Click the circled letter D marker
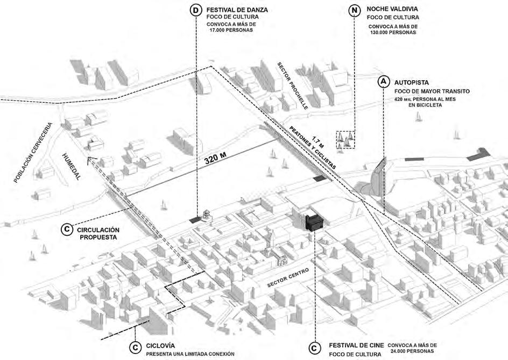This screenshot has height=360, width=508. pyautogui.click(x=197, y=10)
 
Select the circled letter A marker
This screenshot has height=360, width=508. pyautogui.click(x=383, y=82)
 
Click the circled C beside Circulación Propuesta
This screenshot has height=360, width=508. pyautogui.click(x=66, y=230)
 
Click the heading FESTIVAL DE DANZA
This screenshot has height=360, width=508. pyautogui.click(x=237, y=9)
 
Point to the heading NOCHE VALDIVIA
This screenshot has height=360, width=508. pyautogui.click(x=392, y=9)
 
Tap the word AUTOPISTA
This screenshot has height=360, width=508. pyautogui.click(x=411, y=83)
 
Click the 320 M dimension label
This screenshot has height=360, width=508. pyautogui.click(x=215, y=160)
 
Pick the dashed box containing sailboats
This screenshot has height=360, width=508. pyautogui.click(x=345, y=139)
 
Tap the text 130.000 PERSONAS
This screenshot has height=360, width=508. pyautogui.click(x=392, y=32)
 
